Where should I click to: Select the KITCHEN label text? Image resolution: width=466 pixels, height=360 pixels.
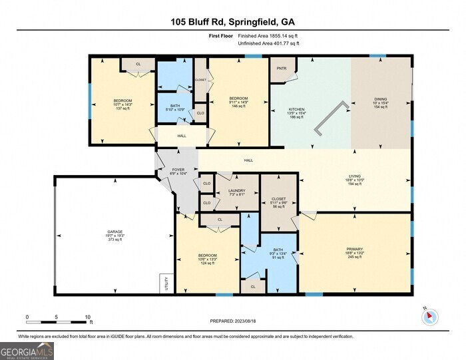coord(296,109)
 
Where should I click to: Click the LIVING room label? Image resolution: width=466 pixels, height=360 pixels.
coord(353,178)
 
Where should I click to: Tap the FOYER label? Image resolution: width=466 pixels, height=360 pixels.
coord(178,170)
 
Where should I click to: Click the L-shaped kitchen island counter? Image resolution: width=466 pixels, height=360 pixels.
coord(331,118)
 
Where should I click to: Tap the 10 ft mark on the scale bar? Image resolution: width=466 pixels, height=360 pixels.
coord(87,317)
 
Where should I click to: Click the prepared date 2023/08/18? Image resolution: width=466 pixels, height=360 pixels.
coord(232,321)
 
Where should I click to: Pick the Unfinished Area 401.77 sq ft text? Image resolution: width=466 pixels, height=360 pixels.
coord(268,43)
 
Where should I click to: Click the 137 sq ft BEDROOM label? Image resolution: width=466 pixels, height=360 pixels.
coord(122,104)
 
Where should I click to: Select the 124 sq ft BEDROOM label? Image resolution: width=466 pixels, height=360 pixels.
coord(207,259)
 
